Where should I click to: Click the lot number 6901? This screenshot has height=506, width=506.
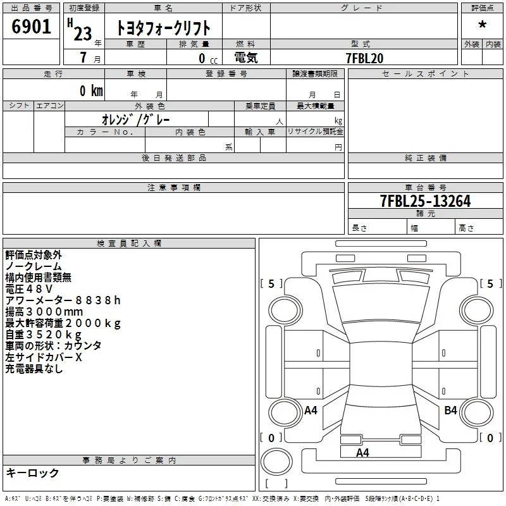coord(31,27)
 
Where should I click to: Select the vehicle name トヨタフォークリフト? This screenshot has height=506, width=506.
coord(163,28)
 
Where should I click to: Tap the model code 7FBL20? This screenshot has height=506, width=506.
coord(364,58)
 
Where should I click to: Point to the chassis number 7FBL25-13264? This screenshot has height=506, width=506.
coord(425,201)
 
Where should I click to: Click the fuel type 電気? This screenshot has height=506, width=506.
coord(246,58)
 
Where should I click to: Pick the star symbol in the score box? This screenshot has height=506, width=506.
coord(482,25)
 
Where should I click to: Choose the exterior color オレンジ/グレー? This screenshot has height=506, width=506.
coord(136,120)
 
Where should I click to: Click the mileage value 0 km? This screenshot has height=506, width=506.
coord(91,90)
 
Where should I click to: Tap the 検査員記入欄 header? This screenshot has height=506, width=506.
coord(129,244)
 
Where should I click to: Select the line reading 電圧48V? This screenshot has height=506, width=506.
coord(28,289)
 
